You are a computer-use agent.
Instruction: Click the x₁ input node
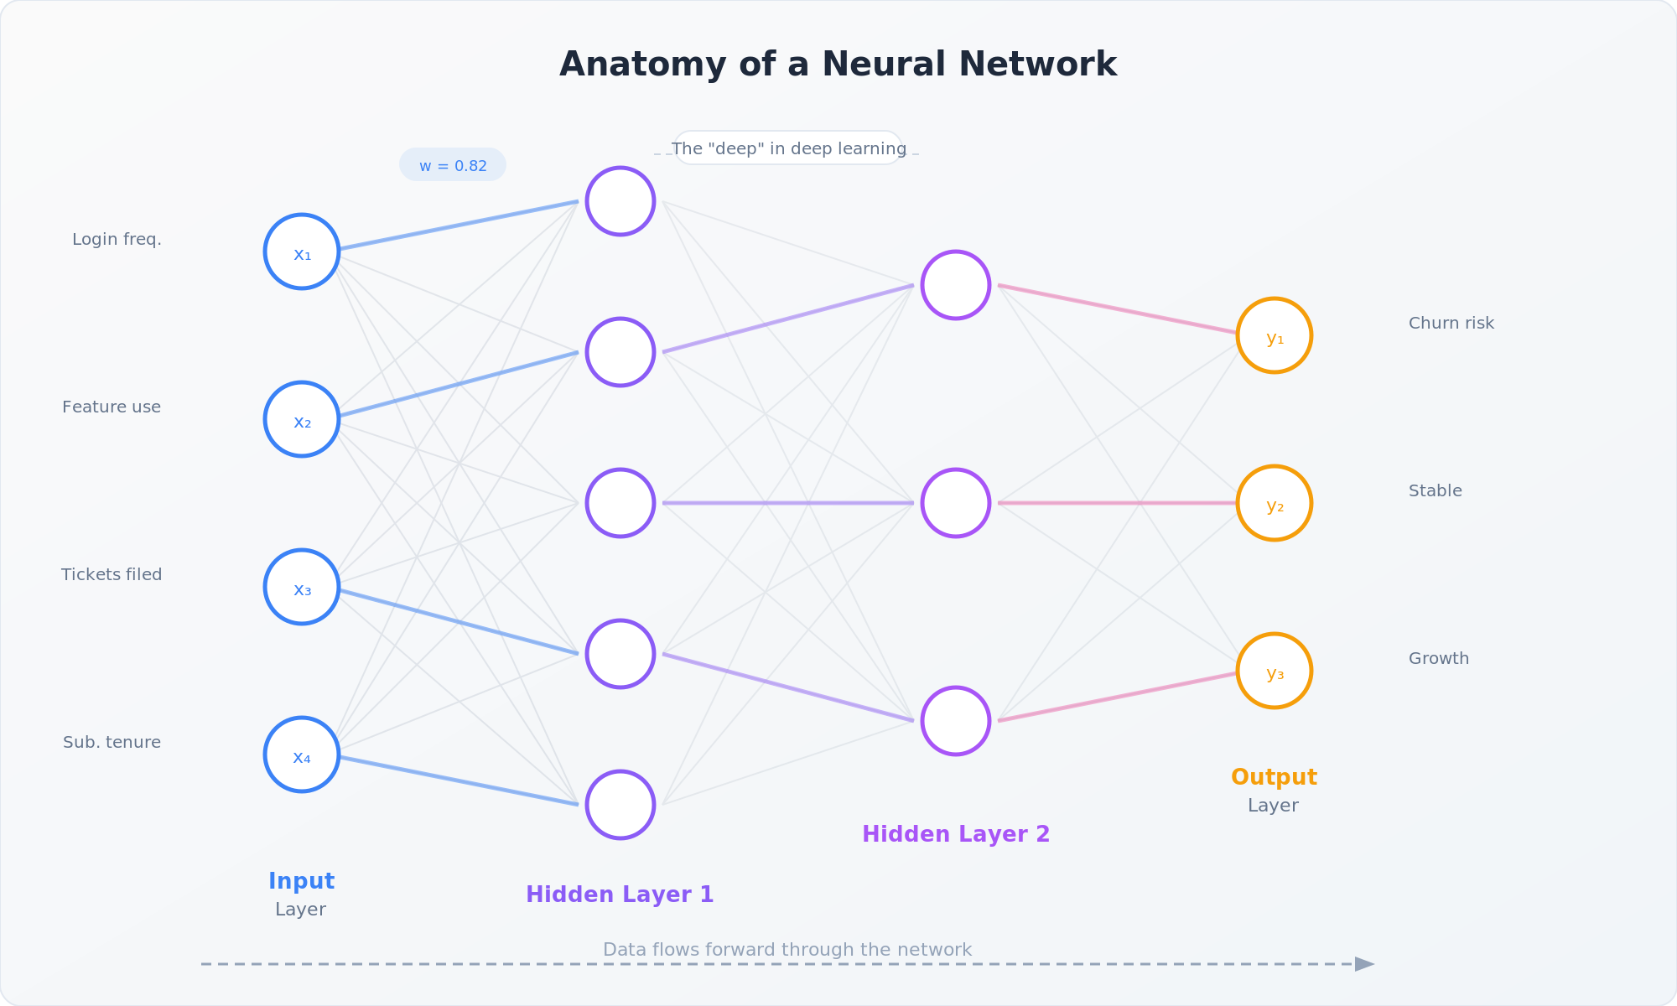[x=302, y=251]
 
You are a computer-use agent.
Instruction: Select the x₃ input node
[x=302, y=587]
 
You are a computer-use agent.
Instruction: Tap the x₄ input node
[x=302, y=754]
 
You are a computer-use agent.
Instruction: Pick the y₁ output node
[x=1275, y=335]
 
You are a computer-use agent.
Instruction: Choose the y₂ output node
[x=1275, y=503]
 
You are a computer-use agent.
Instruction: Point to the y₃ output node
[x=1275, y=671]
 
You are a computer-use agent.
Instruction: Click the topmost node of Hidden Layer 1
[x=620, y=201]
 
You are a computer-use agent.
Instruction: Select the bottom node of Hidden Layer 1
[x=620, y=805]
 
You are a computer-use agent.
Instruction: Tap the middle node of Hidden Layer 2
[x=956, y=503]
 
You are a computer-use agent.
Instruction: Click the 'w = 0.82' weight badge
[x=453, y=165]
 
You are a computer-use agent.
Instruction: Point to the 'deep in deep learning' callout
[x=788, y=148]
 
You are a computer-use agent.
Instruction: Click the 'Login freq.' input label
[x=117, y=240]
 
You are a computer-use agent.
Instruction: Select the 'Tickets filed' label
[x=112, y=575]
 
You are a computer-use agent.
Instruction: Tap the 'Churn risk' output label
[x=1451, y=324]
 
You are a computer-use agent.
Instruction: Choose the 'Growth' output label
[x=1439, y=659]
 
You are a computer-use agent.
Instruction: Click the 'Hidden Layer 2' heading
[x=956, y=834]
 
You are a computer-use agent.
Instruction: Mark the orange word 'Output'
[x=1274, y=777]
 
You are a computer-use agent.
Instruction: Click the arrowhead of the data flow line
[x=1364, y=964]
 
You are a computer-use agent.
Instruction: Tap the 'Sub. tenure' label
[x=112, y=743]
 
